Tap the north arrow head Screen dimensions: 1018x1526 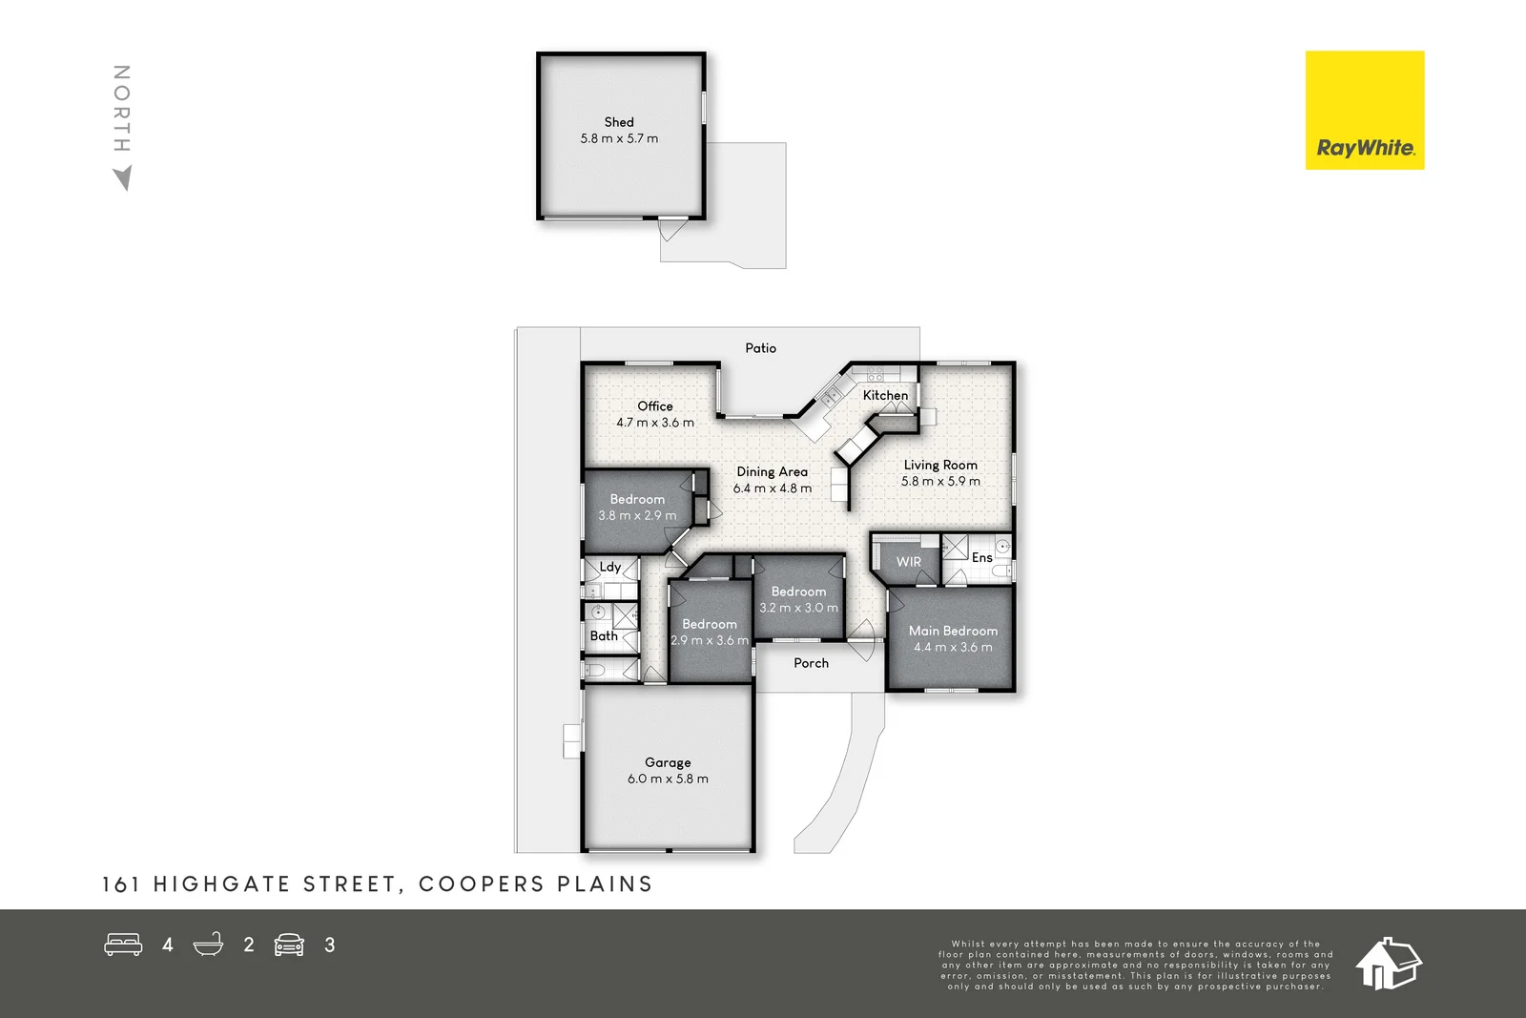point(122,178)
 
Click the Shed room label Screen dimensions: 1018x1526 point(619,122)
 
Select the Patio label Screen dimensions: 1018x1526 point(760,348)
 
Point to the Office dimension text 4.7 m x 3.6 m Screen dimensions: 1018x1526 point(655,423)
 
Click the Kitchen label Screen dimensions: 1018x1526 point(885,395)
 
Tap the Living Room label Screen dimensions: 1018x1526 point(940,465)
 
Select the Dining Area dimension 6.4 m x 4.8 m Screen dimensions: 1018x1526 point(773,488)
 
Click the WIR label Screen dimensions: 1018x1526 point(909,562)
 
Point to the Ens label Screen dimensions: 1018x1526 point(981,557)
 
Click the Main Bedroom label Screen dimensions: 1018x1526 point(953,631)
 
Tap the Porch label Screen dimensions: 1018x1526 point(811,663)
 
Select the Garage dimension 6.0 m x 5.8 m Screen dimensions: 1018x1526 point(668,779)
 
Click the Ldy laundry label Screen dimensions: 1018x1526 point(610,567)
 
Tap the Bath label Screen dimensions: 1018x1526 point(604,635)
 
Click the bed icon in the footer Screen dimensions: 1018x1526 point(123,945)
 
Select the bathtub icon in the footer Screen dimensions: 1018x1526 point(208,945)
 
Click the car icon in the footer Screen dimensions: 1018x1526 point(289,945)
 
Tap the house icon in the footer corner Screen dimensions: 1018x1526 point(1388,963)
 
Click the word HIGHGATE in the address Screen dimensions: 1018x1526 point(221,884)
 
